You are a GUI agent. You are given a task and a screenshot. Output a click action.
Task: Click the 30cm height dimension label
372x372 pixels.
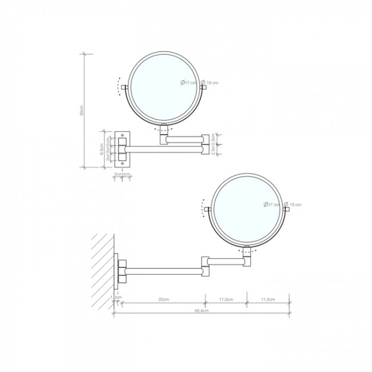[x=82, y=112]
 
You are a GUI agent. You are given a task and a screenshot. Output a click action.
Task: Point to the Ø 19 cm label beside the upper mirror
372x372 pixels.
[x=210, y=83]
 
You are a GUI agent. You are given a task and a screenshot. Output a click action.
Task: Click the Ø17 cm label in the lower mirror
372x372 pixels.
[x=272, y=204]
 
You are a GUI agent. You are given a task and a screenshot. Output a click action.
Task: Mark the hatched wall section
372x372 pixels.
[x=101, y=269]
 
